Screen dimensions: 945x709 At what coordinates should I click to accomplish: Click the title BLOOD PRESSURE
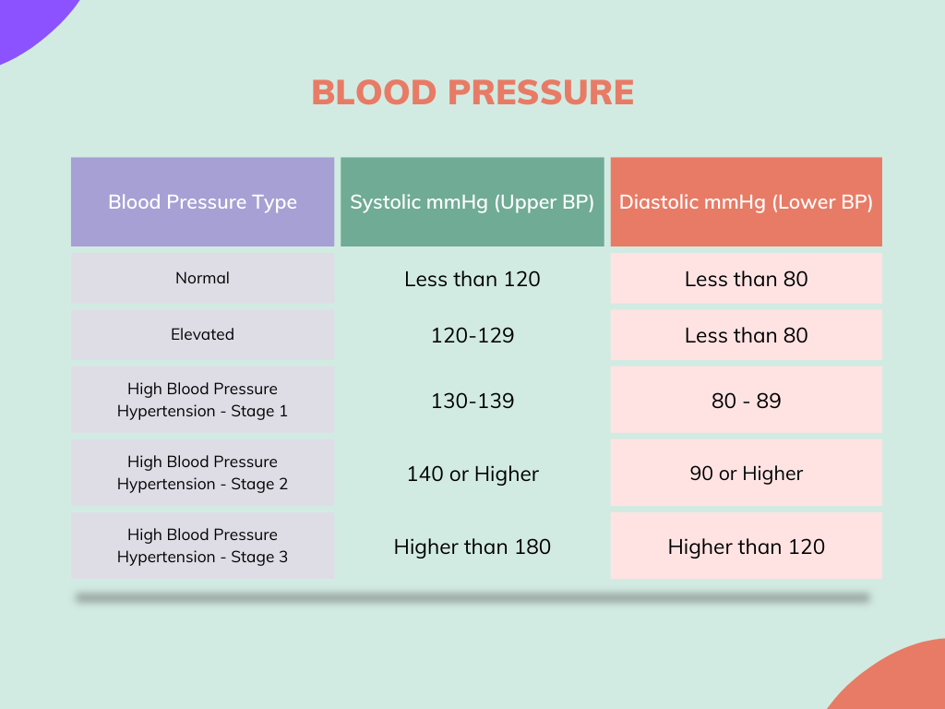[472, 92]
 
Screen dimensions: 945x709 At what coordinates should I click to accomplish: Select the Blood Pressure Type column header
[202, 202]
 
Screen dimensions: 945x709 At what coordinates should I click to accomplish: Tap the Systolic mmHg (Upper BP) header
[472, 202]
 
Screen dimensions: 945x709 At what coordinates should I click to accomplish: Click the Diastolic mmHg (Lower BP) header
[746, 202]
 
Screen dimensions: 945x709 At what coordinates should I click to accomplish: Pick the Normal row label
[202, 278]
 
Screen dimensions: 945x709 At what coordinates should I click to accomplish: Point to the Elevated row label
[202, 334]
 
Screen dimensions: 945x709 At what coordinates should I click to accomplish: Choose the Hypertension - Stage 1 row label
[202, 400]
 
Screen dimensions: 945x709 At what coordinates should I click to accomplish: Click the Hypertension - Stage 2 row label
[202, 473]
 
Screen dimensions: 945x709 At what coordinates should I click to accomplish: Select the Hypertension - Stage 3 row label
[202, 546]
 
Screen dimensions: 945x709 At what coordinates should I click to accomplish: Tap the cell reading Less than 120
[472, 279]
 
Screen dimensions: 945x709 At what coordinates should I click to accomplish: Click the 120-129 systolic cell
[472, 335]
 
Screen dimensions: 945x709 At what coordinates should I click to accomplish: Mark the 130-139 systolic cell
[472, 401]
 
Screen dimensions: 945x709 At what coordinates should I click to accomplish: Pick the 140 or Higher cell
[472, 474]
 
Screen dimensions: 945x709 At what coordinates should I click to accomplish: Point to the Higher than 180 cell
[472, 547]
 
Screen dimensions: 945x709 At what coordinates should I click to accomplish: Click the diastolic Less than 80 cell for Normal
[746, 279]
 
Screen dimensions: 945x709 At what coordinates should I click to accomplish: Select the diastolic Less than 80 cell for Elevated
[746, 335]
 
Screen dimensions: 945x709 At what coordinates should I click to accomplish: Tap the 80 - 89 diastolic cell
[746, 400]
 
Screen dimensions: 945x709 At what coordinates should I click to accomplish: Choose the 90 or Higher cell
[746, 473]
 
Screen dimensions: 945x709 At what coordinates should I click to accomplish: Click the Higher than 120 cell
[746, 546]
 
